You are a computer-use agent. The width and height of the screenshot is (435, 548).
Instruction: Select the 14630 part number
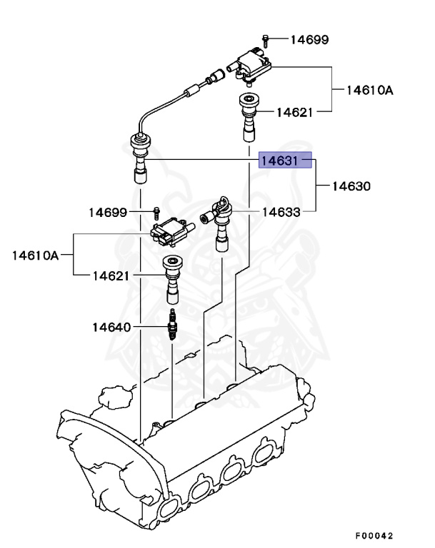[351, 186]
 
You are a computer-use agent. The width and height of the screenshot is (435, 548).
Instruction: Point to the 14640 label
[111, 328]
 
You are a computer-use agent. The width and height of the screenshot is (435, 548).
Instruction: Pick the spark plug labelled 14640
[172, 327]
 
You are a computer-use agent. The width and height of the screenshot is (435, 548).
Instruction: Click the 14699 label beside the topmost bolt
[309, 39]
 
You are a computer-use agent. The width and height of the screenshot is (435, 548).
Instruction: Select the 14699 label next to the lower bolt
[108, 212]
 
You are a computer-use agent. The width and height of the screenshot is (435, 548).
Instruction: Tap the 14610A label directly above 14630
[370, 90]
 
